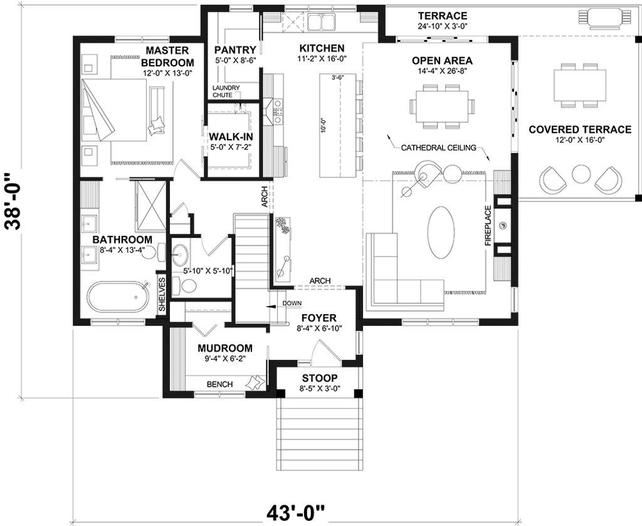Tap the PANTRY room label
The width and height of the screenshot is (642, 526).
235,50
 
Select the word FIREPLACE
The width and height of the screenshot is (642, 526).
488,226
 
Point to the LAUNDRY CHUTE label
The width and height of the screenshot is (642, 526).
226,92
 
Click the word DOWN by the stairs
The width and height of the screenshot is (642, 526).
292,303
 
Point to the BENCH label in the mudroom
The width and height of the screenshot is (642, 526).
220,384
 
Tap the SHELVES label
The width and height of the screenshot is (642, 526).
162,294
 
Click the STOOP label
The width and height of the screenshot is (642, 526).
320,378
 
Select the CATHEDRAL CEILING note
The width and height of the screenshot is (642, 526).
438,148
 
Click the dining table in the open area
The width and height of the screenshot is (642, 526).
442,106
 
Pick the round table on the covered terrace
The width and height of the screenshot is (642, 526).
580,174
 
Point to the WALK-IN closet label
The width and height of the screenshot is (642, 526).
231,136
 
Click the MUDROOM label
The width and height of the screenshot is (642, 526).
225,349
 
